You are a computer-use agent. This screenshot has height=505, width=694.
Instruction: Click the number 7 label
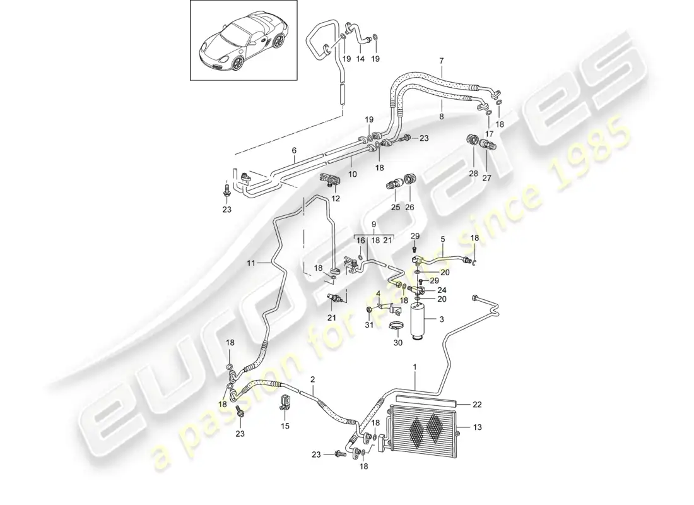[441, 61]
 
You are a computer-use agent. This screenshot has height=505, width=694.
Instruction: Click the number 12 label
[335, 199]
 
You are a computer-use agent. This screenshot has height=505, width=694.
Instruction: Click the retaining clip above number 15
[285, 402]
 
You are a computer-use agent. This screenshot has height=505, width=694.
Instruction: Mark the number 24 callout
[440, 290]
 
